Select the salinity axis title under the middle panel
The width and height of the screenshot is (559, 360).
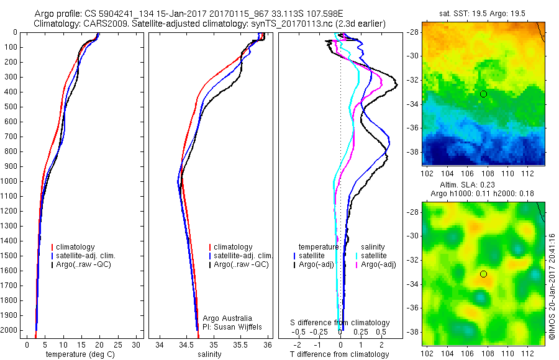coord(209,354)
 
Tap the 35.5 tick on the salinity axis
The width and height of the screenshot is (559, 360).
coord(240,344)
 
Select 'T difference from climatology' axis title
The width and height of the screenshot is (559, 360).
coord(340,354)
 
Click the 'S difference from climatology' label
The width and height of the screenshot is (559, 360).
coord(340,323)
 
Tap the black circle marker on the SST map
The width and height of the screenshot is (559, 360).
coord(483,94)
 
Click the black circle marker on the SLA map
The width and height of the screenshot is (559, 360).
coord(483,274)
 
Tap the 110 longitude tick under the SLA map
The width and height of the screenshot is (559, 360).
coord(508,354)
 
